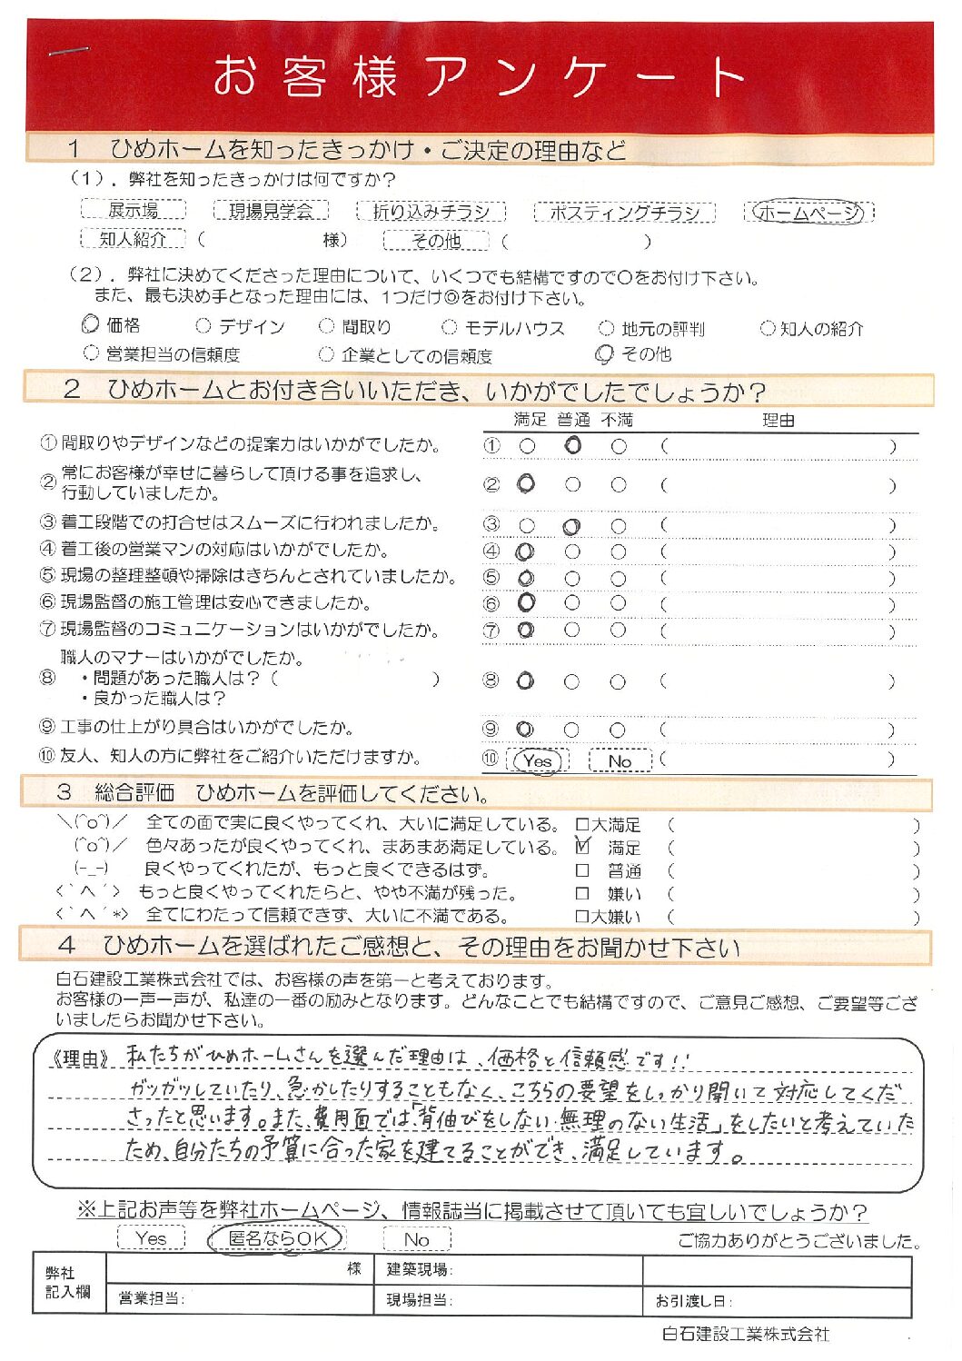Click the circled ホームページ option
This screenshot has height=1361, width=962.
coord(808,212)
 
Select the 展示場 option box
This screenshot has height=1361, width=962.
coord(134,210)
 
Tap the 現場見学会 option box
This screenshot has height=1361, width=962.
coord(271,211)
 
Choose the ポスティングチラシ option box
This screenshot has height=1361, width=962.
coord(625,213)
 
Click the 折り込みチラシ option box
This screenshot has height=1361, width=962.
coord(431,212)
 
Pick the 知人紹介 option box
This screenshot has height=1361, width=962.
coord(133,239)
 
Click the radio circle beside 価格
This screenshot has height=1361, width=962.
coord(90,324)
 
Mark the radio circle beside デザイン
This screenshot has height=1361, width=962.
coord(203,326)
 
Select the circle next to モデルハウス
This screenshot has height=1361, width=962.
coord(449,327)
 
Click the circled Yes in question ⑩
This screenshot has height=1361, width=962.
coord(538,761)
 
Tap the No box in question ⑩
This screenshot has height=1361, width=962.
coord(620,761)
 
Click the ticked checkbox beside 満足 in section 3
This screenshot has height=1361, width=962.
coord(582,847)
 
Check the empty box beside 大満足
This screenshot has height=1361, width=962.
coord(582,825)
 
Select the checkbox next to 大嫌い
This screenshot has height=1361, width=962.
coord(582,917)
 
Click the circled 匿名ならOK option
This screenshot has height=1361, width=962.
coord(276,1238)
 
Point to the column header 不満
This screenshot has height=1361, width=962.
coord(617,420)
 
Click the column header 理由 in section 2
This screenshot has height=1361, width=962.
coord(778,421)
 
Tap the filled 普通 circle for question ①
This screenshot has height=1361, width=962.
coord(572,445)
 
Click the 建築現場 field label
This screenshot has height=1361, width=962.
coord(420,1269)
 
